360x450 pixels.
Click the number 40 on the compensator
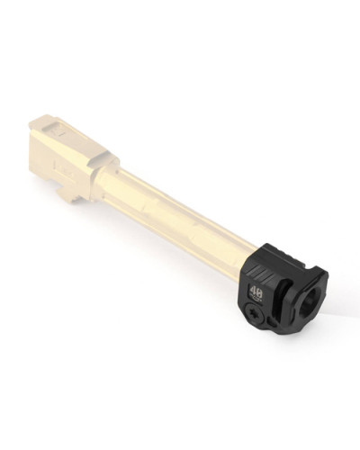pos(256,292)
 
